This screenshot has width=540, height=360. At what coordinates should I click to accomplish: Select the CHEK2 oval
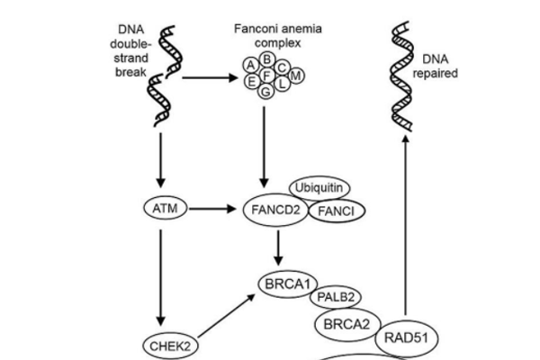point(169,344)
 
